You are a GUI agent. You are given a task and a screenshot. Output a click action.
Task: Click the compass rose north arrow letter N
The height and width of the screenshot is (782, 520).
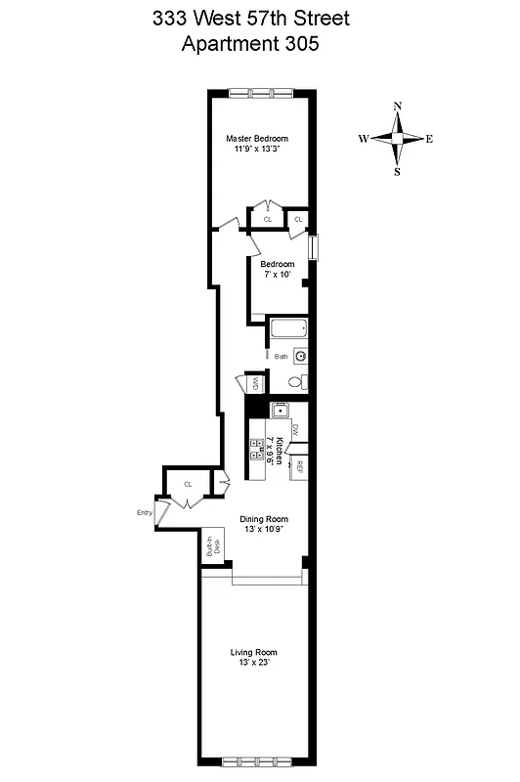click(397, 106)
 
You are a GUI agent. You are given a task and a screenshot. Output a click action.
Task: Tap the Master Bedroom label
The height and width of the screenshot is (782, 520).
click(257, 138)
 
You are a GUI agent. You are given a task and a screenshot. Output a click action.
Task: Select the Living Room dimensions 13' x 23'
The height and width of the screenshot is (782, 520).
click(254, 663)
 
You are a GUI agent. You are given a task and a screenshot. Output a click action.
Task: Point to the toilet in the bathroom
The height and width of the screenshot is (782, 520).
click(302, 381)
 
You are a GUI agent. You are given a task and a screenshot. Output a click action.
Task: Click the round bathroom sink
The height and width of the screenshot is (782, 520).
click(301, 357)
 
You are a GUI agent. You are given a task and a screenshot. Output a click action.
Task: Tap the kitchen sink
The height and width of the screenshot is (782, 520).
click(280, 412)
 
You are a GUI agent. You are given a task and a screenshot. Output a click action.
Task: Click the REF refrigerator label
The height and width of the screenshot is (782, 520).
click(301, 467)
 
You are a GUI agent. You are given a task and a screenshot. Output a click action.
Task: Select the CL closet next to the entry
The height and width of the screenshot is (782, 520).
click(189, 484)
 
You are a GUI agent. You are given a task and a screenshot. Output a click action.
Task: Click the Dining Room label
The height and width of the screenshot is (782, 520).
click(265, 519)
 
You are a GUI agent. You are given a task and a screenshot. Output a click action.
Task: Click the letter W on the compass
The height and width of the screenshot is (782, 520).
click(363, 139)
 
